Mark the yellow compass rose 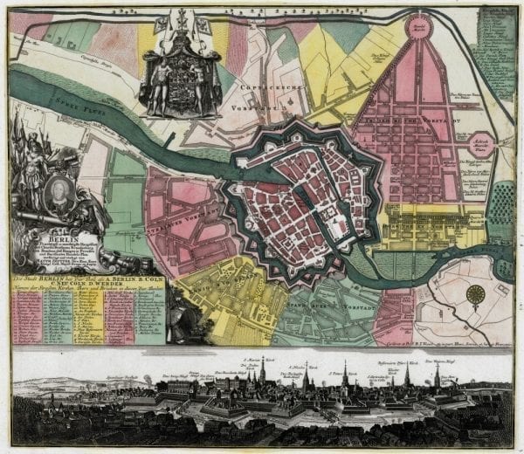pyautogui.click(x=475, y=294)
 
